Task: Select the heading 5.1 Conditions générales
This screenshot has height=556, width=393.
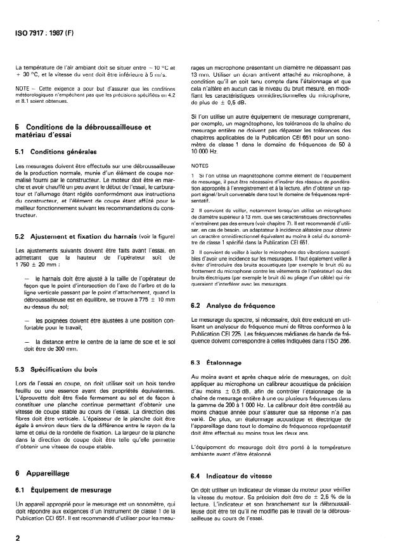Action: pyautogui.click(x=58, y=151)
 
